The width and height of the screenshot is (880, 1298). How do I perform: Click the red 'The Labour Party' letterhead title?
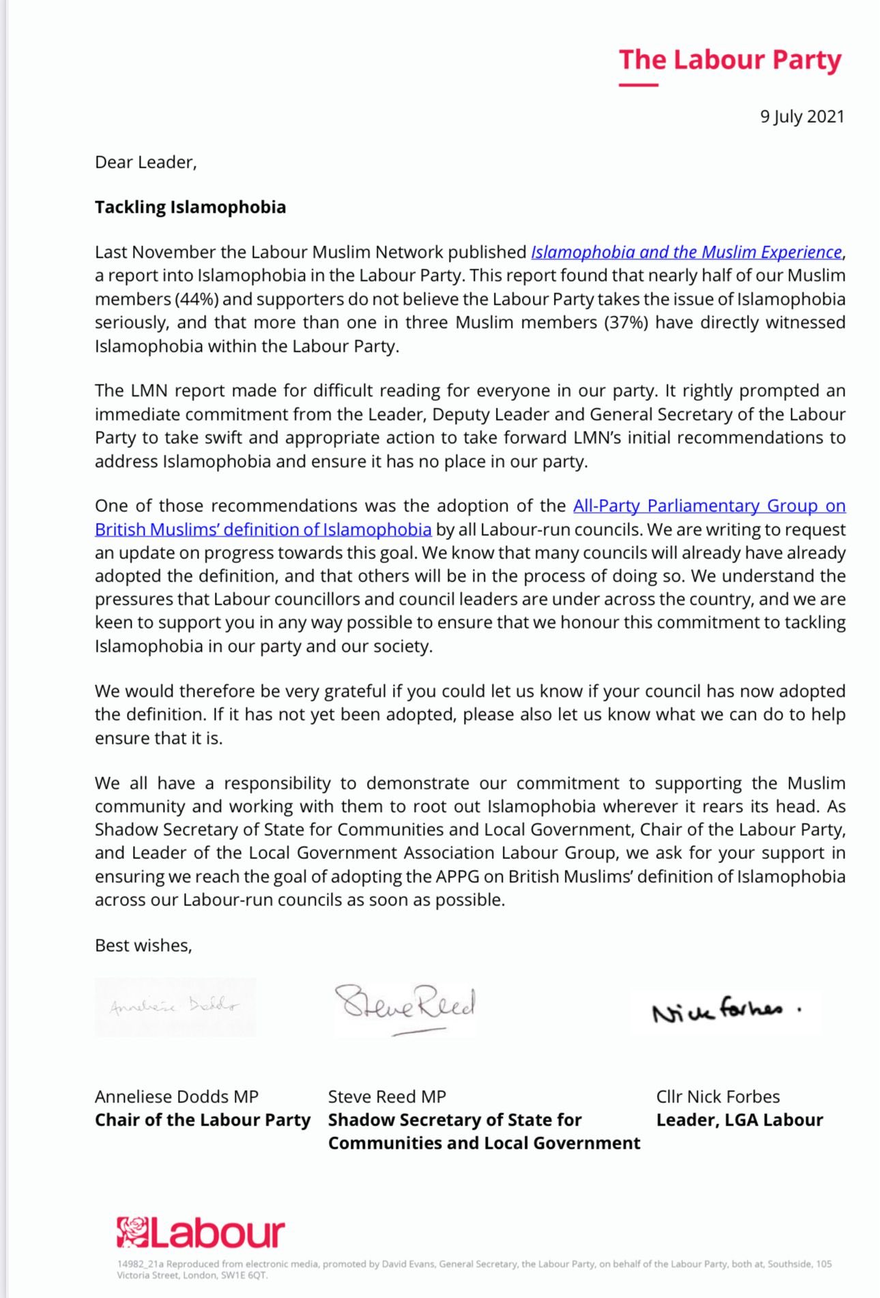click(x=730, y=60)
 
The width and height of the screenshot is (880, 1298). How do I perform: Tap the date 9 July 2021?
click(x=802, y=117)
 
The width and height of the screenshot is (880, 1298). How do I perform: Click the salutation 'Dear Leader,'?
click(x=145, y=162)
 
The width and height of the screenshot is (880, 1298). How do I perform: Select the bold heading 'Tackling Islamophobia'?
click(x=190, y=207)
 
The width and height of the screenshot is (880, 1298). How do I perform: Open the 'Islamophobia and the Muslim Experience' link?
click(x=686, y=252)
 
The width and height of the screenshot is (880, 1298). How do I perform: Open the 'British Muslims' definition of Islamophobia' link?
click(x=263, y=530)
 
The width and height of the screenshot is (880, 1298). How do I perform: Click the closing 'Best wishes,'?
click(x=143, y=946)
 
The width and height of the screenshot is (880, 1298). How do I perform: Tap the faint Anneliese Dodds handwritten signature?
click(x=175, y=1006)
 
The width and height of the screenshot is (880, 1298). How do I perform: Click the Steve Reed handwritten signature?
click(x=405, y=1006)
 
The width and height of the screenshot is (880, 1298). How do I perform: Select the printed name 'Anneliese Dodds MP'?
click(x=177, y=1097)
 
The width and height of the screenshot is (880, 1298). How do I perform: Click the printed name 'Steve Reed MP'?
click(x=387, y=1097)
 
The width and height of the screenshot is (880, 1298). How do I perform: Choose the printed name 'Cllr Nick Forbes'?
click(x=718, y=1097)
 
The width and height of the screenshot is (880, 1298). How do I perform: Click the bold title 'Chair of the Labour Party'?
click(x=203, y=1120)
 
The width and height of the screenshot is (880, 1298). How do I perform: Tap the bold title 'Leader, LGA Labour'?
click(x=739, y=1120)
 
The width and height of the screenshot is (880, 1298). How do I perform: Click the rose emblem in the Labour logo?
click(x=132, y=1233)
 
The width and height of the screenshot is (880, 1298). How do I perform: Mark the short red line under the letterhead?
click(x=639, y=85)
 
